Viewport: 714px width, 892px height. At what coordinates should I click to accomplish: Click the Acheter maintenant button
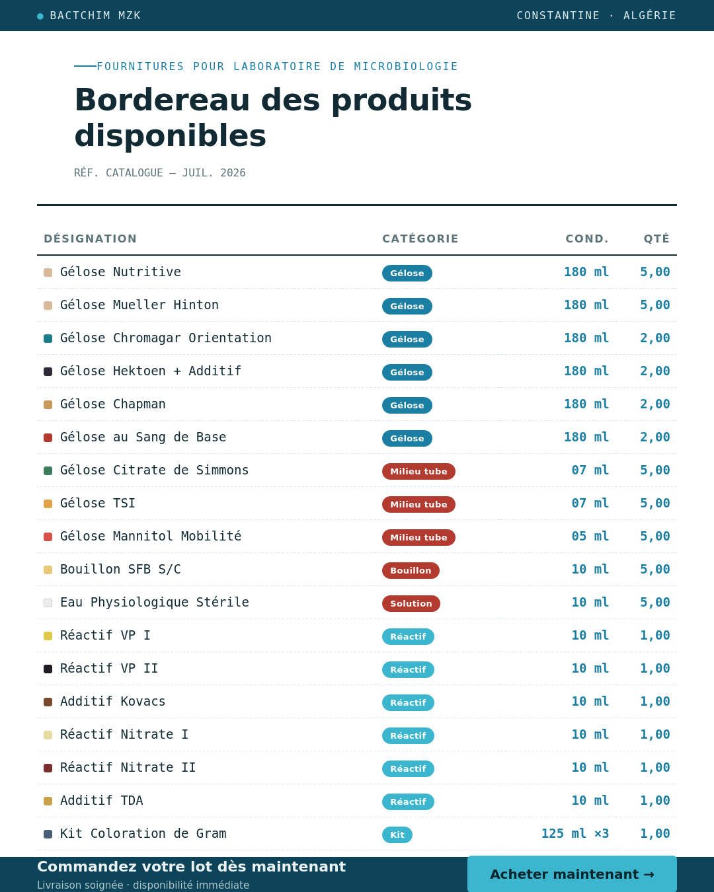572,873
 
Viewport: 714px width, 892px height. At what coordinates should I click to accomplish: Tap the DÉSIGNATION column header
90,239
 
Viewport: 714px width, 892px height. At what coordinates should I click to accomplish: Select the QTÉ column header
656,239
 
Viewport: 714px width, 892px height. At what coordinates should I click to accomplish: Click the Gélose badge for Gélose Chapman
407,405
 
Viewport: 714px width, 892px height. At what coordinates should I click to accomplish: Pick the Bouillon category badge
411,570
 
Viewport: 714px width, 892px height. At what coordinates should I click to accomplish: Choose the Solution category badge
411,603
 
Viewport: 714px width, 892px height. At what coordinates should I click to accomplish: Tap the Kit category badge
397,835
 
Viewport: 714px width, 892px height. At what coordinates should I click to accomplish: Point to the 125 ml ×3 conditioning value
575,833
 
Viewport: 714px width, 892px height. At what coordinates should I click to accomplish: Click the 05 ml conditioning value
590,536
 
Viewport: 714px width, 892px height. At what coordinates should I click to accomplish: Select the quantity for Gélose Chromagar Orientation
654,338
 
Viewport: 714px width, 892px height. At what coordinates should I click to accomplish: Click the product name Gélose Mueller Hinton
139,305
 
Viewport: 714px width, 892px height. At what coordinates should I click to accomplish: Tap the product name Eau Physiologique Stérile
155,602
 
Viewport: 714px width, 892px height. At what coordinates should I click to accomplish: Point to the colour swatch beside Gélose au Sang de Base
48,437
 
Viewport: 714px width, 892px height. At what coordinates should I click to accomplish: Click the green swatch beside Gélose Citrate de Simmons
48,470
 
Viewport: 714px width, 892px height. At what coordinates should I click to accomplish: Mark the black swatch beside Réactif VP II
48,669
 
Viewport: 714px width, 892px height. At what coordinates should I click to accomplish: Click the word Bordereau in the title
162,100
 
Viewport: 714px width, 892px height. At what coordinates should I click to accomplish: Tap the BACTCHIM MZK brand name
95,16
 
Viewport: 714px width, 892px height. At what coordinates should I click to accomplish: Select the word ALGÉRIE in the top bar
650,15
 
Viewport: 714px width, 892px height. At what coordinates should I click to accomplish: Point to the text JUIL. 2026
214,173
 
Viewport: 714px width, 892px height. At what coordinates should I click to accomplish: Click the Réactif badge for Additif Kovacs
409,702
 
